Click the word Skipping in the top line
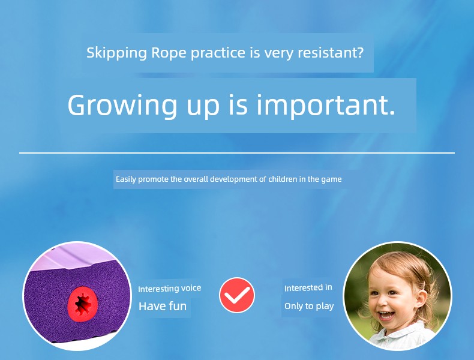point(116,53)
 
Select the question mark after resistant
point(359,52)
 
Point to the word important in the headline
point(322,106)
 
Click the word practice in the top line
point(218,53)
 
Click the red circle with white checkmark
point(237,295)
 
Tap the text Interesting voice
point(170,289)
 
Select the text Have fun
point(163,306)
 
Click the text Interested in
point(308,288)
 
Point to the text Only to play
point(309,306)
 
